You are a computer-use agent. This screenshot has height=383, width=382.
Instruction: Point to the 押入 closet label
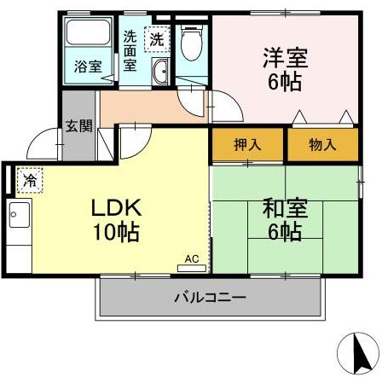246,145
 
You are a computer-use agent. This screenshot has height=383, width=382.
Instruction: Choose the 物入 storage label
321,145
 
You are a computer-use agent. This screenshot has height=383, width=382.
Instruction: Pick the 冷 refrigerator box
29,180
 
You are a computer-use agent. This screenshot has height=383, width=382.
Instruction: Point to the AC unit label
191,258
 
